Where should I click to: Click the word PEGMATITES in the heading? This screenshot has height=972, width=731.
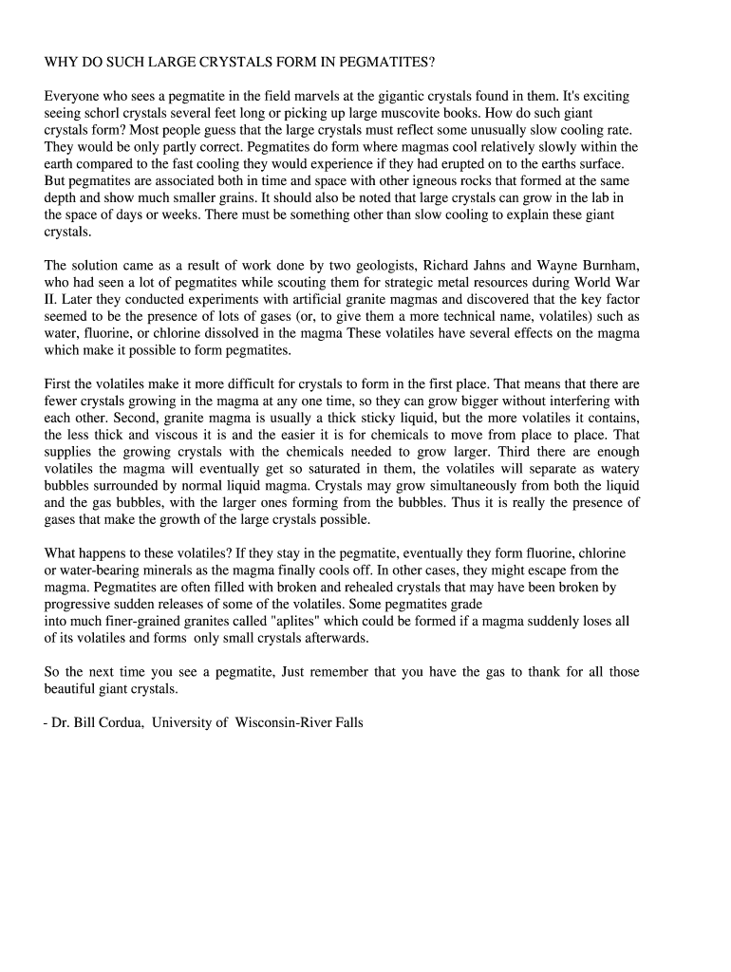pyautogui.click(x=387, y=63)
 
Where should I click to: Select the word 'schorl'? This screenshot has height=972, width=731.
pyautogui.click(x=106, y=113)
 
